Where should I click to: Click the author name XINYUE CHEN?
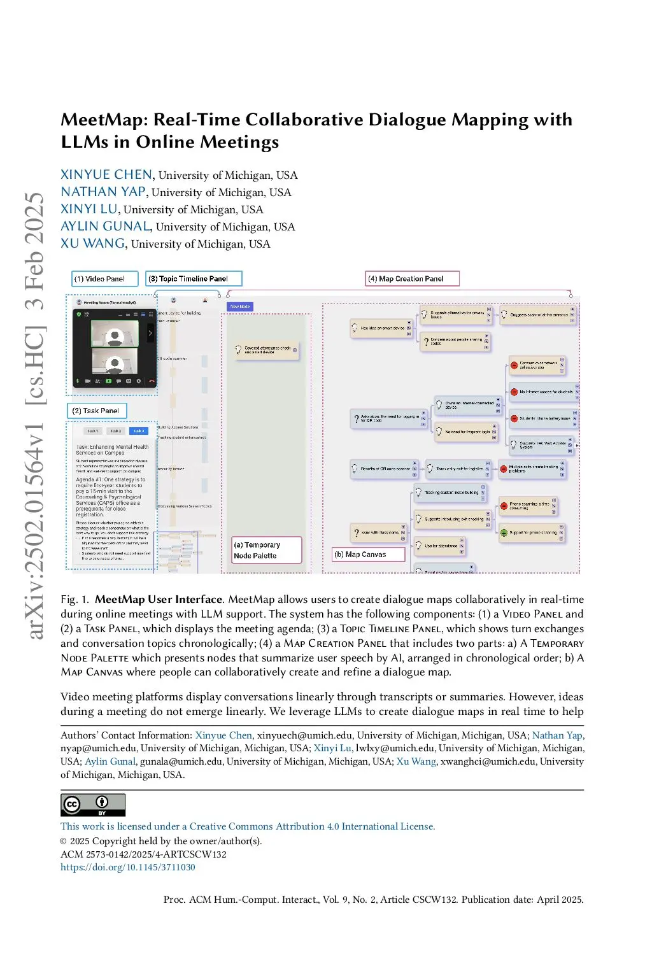[x=106, y=174]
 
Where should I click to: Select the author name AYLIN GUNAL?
[x=105, y=226]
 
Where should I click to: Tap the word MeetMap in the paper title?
[x=104, y=120]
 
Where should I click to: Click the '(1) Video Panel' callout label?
[x=104, y=279]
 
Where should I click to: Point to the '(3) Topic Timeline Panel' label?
[x=194, y=279]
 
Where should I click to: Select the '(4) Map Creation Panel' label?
[x=411, y=279]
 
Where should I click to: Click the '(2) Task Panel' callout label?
[x=97, y=411]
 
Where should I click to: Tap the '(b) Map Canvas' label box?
[x=368, y=555]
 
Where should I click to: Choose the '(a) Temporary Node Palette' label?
[x=266, y=550]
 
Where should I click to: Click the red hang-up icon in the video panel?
[x=152, y=381]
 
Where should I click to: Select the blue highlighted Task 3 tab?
[x=139, y=431]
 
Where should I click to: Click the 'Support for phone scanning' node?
[x=532, y=532]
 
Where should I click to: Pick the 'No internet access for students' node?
[x=545, y=392]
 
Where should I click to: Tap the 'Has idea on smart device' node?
[x=381, y=329]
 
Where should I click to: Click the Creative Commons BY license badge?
[x=93, y=805]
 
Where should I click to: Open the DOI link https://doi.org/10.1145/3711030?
[x=128, y=867]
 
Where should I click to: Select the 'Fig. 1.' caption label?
[x=75, y=599]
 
